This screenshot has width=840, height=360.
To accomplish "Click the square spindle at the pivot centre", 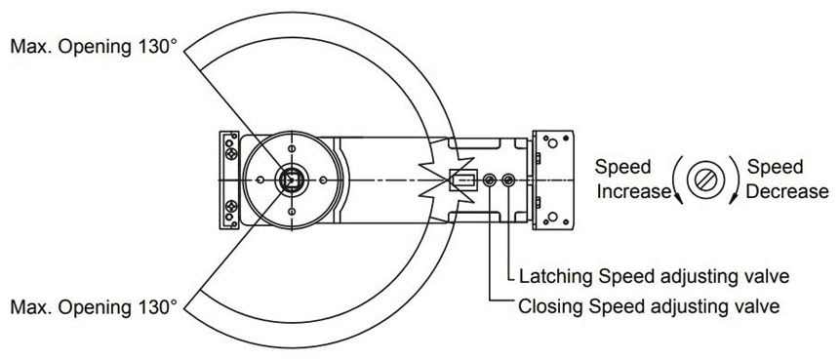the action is (292, 180).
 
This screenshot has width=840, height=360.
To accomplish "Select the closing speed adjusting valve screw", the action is (489, 180).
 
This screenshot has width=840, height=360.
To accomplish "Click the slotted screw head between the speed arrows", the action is (704, 180).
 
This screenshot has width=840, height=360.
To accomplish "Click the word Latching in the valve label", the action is (557, 277).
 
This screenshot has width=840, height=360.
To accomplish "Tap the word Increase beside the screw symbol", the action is (634, 191).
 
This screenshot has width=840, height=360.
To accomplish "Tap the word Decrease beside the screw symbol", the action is (787, 191).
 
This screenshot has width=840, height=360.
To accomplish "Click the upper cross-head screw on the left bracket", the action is (231, 155).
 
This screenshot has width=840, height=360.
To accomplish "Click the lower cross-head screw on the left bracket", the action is (231, 206).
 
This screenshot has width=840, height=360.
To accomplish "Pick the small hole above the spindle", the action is (292, 148).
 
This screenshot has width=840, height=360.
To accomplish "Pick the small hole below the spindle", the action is (292, 212).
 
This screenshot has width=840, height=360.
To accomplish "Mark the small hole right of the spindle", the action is (323, 180).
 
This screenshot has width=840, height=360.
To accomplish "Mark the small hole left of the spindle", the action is (260, 180).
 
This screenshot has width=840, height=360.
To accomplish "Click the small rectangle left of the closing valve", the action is (462, 180).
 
